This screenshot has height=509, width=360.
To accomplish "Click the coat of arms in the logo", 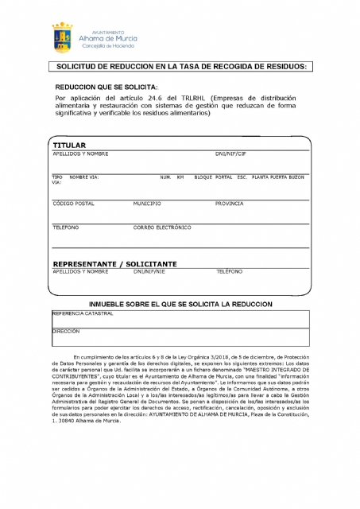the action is pyautogui.click(x=64, y=37).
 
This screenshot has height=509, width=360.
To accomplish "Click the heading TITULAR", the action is pyautogui.click(x=68, y=146).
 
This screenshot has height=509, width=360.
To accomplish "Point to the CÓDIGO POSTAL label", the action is pyautogui.click(x=73, y=204).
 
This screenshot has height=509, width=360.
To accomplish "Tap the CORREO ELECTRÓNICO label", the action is pyautogui.click(x=162, y=227).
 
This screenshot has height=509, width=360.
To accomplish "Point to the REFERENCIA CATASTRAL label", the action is pyautogui.click(x=83, y=313).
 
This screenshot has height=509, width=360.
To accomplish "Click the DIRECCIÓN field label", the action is pyautogui.click(x=66, y=330).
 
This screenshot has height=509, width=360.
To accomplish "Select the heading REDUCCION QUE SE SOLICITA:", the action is pyautogui.click(x=106, y=85).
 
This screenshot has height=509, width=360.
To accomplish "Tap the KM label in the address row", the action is pyautogui.click(x=180, y=176).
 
